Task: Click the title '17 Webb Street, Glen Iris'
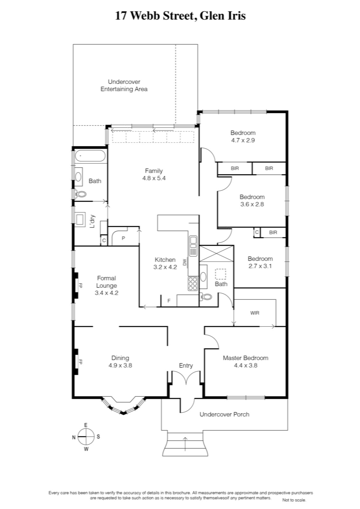click(x=180, y=16)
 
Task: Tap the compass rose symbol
click(x=86, y=437)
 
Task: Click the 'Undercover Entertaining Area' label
click(x=124, y=85)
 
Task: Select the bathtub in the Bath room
click(x=90, y=156)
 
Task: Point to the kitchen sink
click(x=193, y=246)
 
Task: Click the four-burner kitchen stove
click(x=193, y=283)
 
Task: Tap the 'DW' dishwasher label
click(x=184, y=262)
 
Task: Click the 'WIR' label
click(x=255, y=313)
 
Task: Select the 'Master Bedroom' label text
click(x=246, y=358)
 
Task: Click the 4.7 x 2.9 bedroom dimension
click(x=243, y=140)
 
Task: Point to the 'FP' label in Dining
click(x=80, y=362)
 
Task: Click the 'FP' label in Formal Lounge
click(x=80, y=285)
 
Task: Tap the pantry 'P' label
click(x=123, y=238)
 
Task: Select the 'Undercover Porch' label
click(x=225, y=414)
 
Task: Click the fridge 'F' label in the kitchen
click(x=169, y=301)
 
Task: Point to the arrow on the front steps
click(x=185, y=444)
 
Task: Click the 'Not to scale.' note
click(x=294, y=500)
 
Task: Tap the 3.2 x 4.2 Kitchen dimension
click(x=165, y=267)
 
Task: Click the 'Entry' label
click(x=186, y=366)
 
